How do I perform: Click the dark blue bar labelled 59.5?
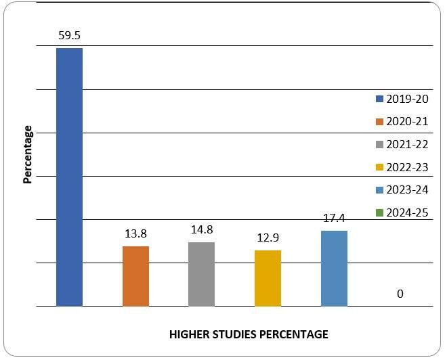(x=69, y=177)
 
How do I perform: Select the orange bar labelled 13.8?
(x=135, y=276)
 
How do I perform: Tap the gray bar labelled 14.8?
(x=201, y=274)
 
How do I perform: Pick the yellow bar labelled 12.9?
(x=268, y=278)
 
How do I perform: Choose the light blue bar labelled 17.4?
(x=334, y=268)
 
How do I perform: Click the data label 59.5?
(x=70, y=35)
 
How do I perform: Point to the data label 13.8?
(x=135, y=233)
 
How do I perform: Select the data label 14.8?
(x=202, y=229)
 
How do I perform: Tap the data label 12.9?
(x=268, y=238)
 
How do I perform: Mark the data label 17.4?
(x=334, y=219)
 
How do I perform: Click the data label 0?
(x=400, y=294)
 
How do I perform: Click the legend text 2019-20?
(x=407, y=99)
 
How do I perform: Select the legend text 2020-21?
(x=407, y=122)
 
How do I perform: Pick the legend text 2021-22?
(x=407, y=144)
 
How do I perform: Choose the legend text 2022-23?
(x=407, y=167)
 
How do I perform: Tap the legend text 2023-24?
(x=407, y=190)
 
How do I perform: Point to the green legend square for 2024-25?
(x=380, y=213)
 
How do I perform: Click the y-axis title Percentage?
(x=28, y=154)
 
